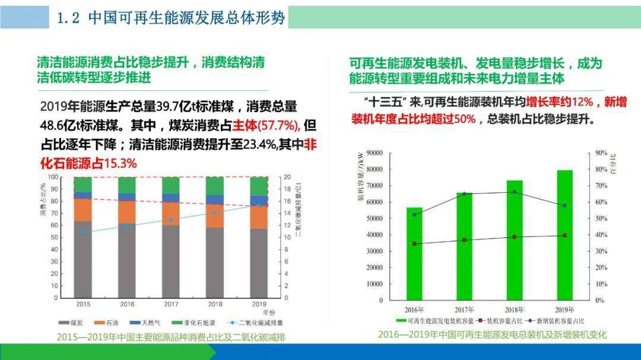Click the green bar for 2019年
coord(564,237)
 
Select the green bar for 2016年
coord(414,255)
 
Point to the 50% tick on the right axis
coord(601,219)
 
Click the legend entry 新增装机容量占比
coord(561,321)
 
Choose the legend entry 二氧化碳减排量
coord(260,323)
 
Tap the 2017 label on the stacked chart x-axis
coord(171,304)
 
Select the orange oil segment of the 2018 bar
coord(215,216)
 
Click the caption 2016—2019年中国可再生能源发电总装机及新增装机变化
coord(492,335)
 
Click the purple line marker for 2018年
coord(515,192)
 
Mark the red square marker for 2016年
coord(414,244)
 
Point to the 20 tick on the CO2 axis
coord(287,177)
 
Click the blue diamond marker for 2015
coord(84,232)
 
